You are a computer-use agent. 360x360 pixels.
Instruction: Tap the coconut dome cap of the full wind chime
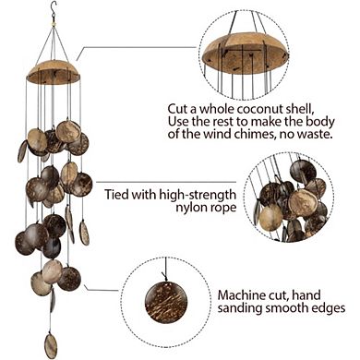click(54, 69)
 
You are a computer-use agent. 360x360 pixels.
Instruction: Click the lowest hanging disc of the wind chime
click(52, 345)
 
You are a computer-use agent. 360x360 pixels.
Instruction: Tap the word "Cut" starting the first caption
click(177, 107)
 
